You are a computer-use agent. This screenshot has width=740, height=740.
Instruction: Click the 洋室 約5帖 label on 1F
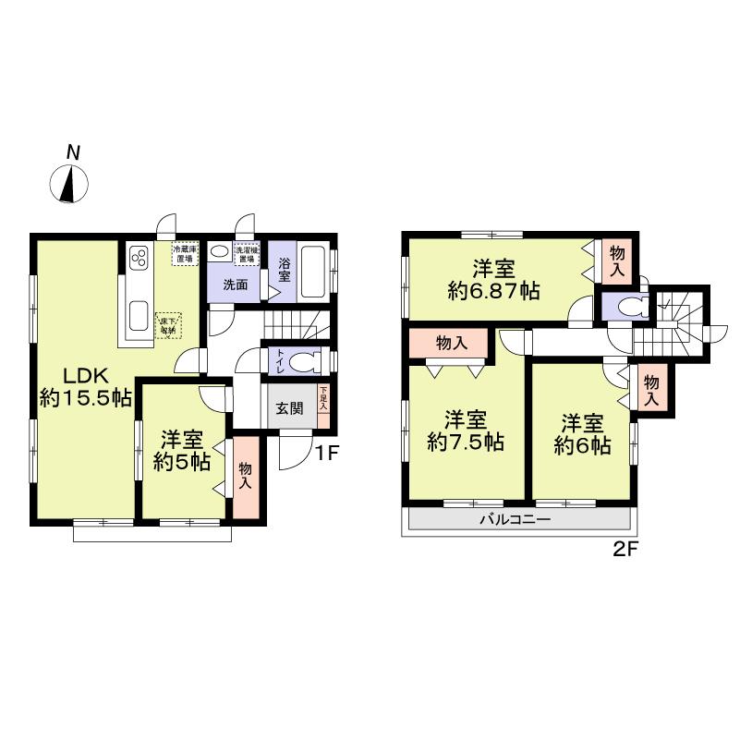click(181, 448)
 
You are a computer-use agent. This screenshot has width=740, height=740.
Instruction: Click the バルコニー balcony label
click(515, 520)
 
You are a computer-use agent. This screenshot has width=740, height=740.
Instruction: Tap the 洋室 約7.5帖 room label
click(465, 431)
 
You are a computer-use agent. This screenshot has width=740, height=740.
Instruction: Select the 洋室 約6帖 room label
click(582, 434)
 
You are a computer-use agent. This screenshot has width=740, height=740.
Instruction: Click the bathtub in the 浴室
click(313, 270)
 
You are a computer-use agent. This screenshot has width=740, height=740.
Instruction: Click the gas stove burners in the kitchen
click(140, 255)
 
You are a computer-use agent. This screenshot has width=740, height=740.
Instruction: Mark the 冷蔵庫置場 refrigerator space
click(184, 254)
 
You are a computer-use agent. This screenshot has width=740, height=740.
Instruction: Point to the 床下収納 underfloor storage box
click(168, 324)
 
